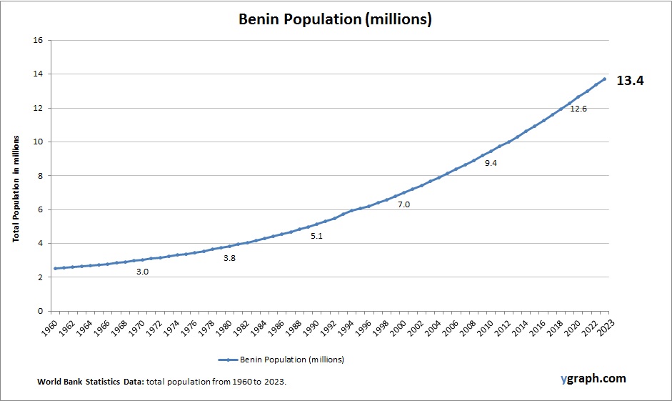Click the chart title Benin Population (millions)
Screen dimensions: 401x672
335,20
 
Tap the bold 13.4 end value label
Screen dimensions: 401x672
631,81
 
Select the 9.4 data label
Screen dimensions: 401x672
490,163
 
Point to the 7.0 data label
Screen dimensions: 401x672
403,204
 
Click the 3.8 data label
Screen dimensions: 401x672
229,257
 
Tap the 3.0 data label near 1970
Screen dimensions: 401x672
142,272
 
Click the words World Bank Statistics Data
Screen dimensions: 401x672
90,382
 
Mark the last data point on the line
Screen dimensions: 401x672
604,79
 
